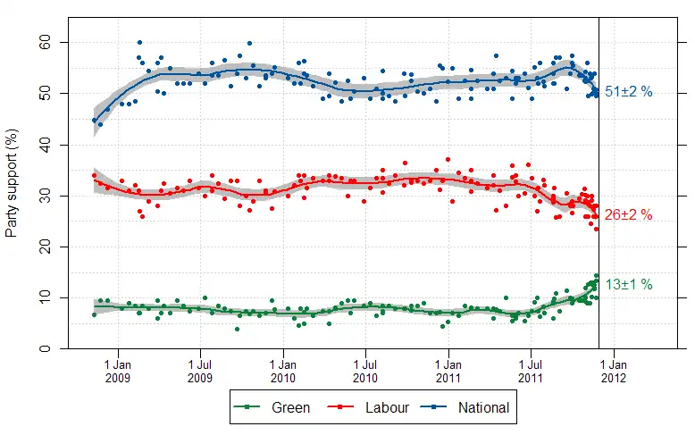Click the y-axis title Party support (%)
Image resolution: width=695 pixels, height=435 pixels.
12,195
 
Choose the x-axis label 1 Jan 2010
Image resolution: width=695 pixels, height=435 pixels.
283,371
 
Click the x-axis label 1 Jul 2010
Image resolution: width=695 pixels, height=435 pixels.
364,371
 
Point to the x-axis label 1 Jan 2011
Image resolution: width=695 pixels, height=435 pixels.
448,371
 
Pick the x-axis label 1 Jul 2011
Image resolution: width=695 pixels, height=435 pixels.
530,371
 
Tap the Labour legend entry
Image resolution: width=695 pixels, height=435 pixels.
373,408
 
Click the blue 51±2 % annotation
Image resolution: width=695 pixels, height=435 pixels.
629,91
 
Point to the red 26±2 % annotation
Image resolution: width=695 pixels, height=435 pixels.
629,215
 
